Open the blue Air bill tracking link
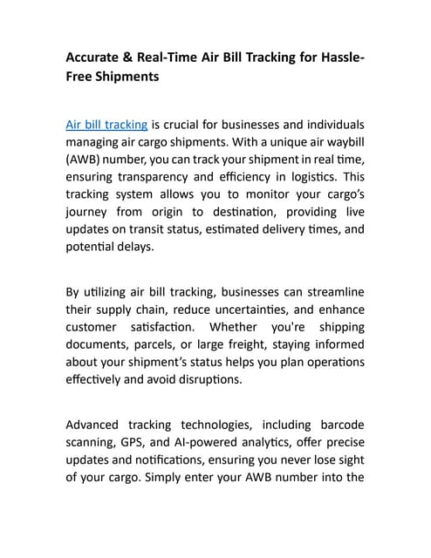pyautogui.click(x=106, y=125)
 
